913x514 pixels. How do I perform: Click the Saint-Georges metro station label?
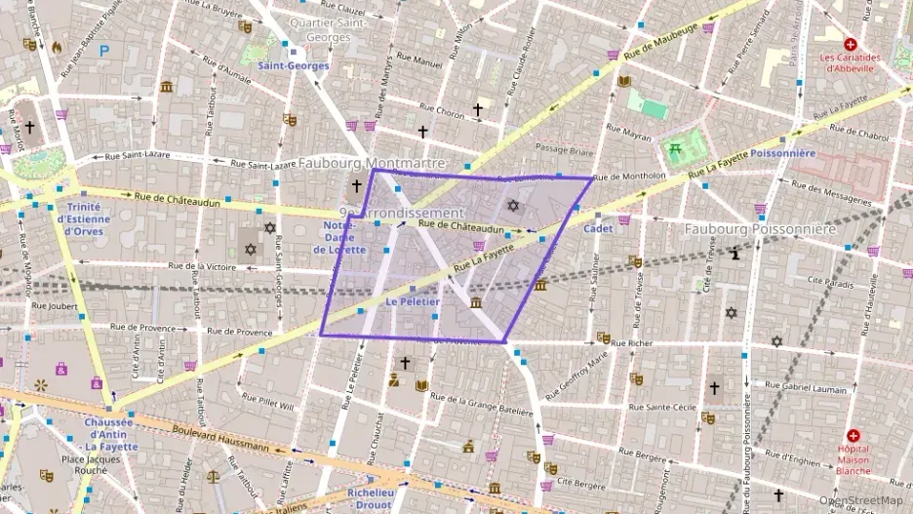[x=294, y=65]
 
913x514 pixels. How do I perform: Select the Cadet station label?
[x=597, y=228]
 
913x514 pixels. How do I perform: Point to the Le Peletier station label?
[x=413, y=302]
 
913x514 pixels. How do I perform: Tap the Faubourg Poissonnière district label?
[x=760, y=228]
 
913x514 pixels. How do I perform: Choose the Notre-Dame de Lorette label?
[x=338, y=237]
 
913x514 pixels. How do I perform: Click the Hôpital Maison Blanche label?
[x=853, y=459]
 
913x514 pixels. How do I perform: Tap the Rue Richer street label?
[x=631, y=343]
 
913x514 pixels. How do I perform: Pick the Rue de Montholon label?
[x=629, y=177]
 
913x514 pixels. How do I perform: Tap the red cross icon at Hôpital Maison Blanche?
[x=853, y=435]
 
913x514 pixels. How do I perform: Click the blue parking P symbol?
[x=103, y=50]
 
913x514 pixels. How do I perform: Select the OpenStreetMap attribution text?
[x=860, y=501]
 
